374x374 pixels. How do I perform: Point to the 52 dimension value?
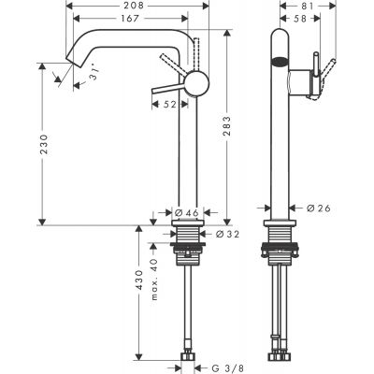click(168, 106)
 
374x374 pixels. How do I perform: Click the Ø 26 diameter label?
click(320, 208)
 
